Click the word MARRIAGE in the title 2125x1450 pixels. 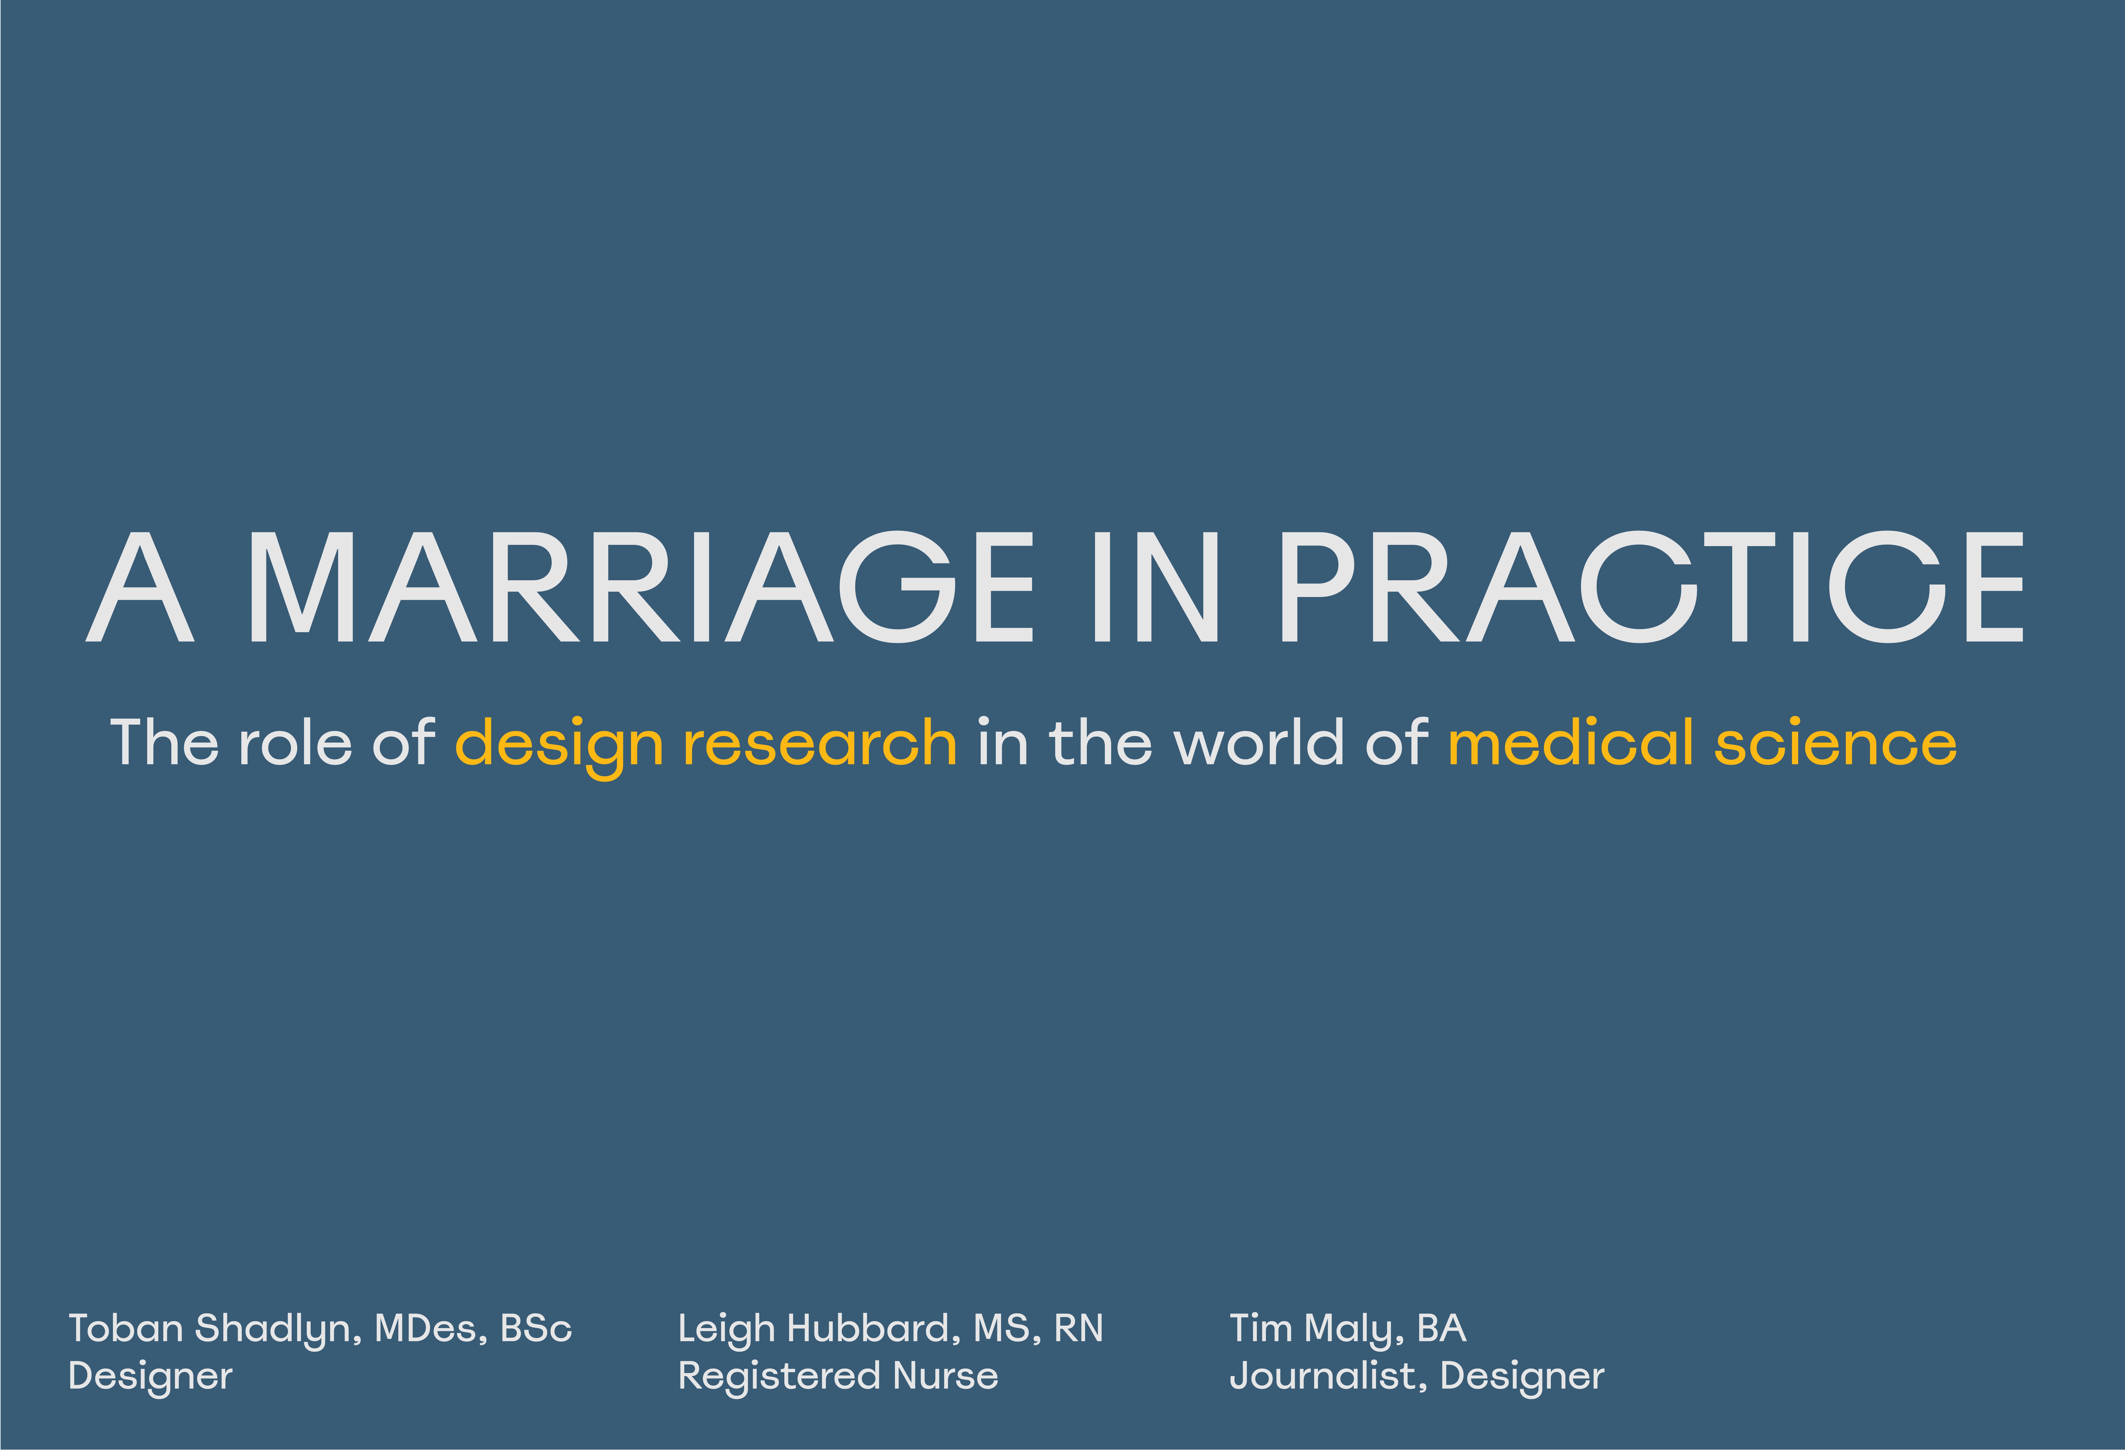[641, 587]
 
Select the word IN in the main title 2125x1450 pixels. [1156, 587]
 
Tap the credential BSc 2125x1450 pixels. [537, 1328]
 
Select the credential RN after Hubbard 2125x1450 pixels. [1079, 1328]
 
